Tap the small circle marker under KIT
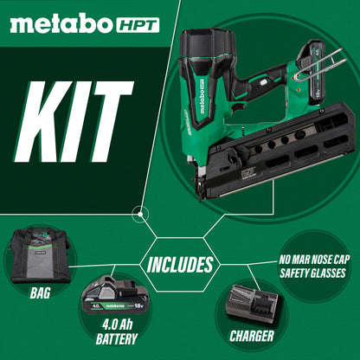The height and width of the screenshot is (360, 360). tap(137, 212)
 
